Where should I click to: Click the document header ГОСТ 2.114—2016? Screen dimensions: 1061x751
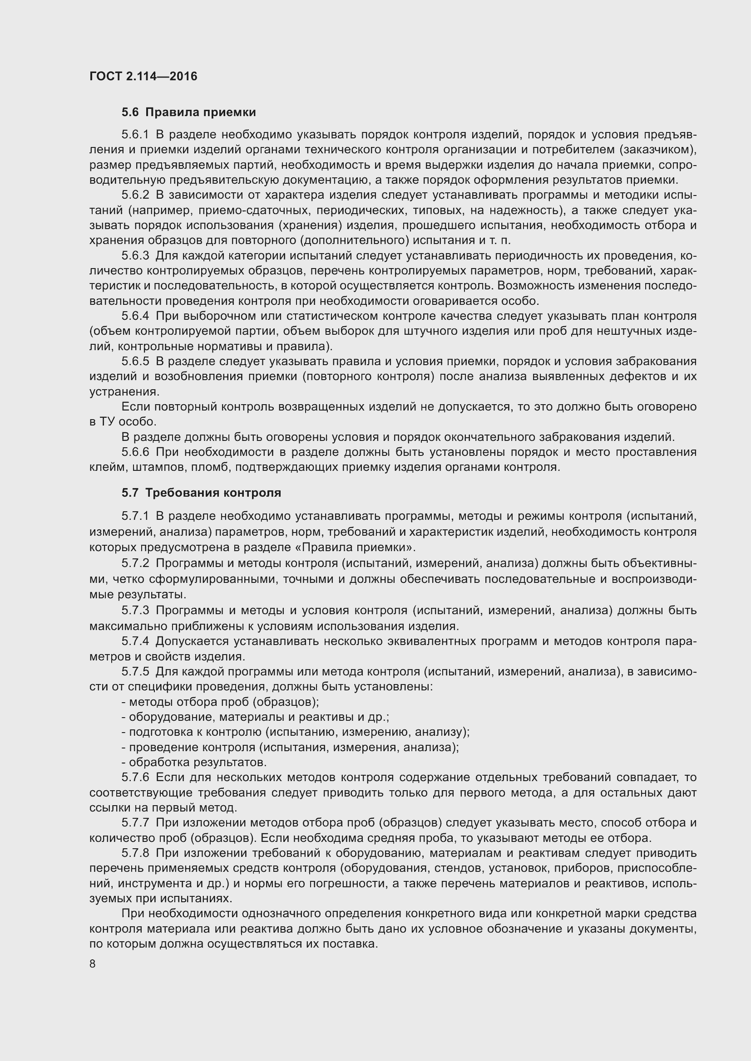[x=143, y=76]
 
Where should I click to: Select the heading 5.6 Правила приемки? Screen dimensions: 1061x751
[x=189, y=112]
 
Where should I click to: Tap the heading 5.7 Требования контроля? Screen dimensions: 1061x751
[x=201, y=493]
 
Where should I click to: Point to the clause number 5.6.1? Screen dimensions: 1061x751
[x=135, y=135]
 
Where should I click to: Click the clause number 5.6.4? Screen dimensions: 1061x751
[x=135, y=316]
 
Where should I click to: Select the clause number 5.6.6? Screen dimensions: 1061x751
[x=135, y=452]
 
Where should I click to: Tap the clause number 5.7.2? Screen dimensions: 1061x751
[x=135, y=563]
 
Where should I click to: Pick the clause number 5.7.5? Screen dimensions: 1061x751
[x=135, y=671]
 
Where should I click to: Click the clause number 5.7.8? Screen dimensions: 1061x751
[x=135, y=853]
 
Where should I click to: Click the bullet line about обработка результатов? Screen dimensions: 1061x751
[x=194, y=762]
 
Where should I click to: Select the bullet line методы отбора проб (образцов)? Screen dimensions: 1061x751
[x=220, y=701]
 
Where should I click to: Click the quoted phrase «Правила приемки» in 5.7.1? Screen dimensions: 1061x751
[x=358, y=548]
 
